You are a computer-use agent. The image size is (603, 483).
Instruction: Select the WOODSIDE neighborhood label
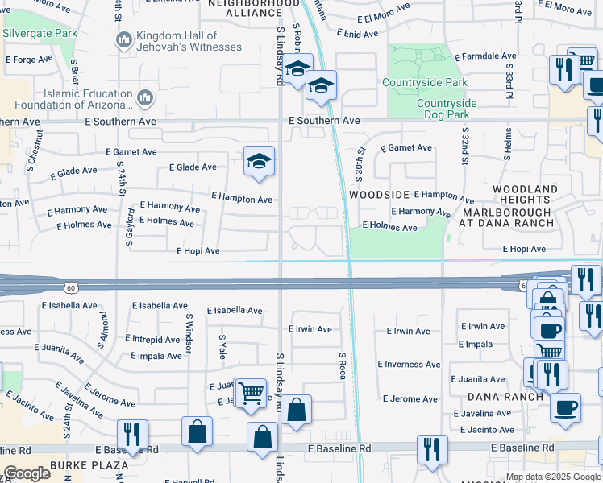[379, 196]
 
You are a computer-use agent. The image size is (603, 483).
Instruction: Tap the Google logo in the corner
[27, 473]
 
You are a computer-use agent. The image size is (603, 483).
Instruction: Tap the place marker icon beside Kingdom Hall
[123, 40]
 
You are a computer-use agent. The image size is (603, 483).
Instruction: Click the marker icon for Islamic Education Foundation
[145, 97]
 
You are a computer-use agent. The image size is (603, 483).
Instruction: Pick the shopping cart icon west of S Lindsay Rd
[251, 393]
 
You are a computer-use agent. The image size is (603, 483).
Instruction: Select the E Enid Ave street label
[350, 35]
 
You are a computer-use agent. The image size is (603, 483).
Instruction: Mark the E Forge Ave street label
[28, 60]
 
